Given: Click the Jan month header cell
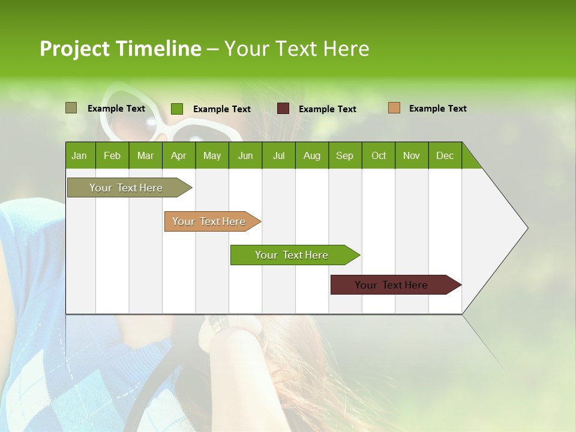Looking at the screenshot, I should (80, 155).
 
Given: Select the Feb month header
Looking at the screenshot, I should (112, 155).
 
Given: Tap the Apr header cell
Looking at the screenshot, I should (179, 155).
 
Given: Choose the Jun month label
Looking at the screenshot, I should (245, 155).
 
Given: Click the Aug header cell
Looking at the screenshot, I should (312, 155).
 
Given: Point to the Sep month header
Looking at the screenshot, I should (345, 155).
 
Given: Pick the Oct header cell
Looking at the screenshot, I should (379, 155).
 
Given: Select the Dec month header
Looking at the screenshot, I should (445, 155).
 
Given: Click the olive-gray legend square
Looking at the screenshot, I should (71, 108).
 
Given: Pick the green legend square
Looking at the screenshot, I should (176, 109).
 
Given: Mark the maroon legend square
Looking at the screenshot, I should (283, 109).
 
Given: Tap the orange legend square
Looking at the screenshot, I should (394, 108).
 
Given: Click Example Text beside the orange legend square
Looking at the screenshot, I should (437, 109).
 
